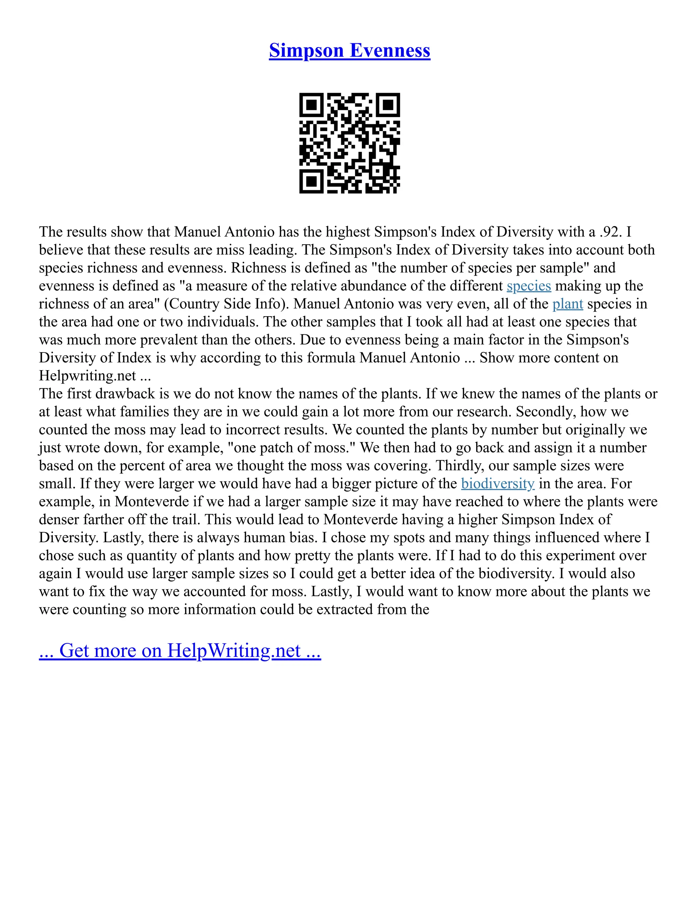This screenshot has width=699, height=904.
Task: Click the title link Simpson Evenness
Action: click(x=349, y=50)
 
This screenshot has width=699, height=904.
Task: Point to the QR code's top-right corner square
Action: click(x=388, y=105)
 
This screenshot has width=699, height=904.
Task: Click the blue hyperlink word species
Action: click(x=529, y=286)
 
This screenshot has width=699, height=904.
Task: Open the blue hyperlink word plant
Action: click(x=568, y=304)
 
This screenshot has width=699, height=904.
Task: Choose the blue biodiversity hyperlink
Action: click(x=498, y=483)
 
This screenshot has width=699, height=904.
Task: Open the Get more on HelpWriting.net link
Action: click(x=180, y=650)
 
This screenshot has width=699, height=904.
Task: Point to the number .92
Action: click(x=610, y=232)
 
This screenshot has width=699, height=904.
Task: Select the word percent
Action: click(x=141, y=466)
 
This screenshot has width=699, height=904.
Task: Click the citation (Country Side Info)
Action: click(x=227, y=304)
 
